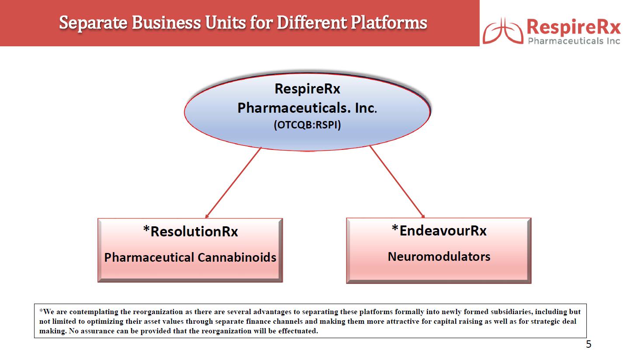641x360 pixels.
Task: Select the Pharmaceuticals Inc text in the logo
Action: (574, 41)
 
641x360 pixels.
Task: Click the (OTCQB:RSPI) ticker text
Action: (307, 125)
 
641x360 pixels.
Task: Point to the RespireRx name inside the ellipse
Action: (307, 89)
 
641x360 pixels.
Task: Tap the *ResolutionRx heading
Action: (191, 231)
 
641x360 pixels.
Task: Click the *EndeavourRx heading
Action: (439, 230)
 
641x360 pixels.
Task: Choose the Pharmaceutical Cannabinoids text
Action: (190, 257)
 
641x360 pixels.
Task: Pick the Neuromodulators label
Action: (439, 256)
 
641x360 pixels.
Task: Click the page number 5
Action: (588, 345)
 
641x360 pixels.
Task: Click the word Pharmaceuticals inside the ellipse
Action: (290, 107)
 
